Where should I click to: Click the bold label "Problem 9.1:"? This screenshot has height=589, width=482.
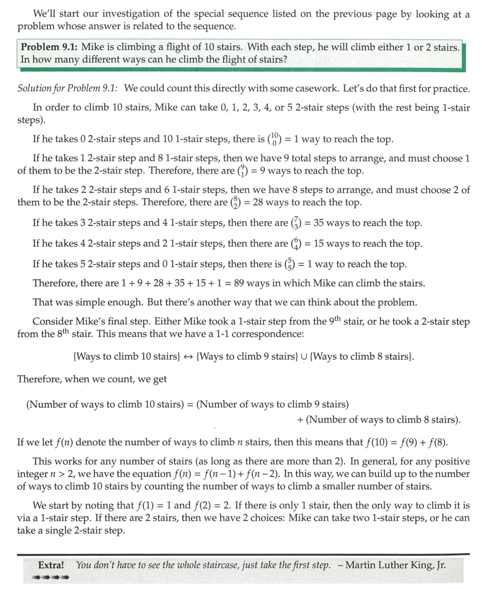[49, 47]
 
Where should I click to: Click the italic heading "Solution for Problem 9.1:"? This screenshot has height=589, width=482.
[68, 89]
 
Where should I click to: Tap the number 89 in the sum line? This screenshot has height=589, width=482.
[239, 283]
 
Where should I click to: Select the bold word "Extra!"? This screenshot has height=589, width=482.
[51, 565]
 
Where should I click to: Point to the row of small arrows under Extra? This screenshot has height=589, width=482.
[50, 577]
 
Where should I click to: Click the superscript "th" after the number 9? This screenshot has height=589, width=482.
[335, 318]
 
